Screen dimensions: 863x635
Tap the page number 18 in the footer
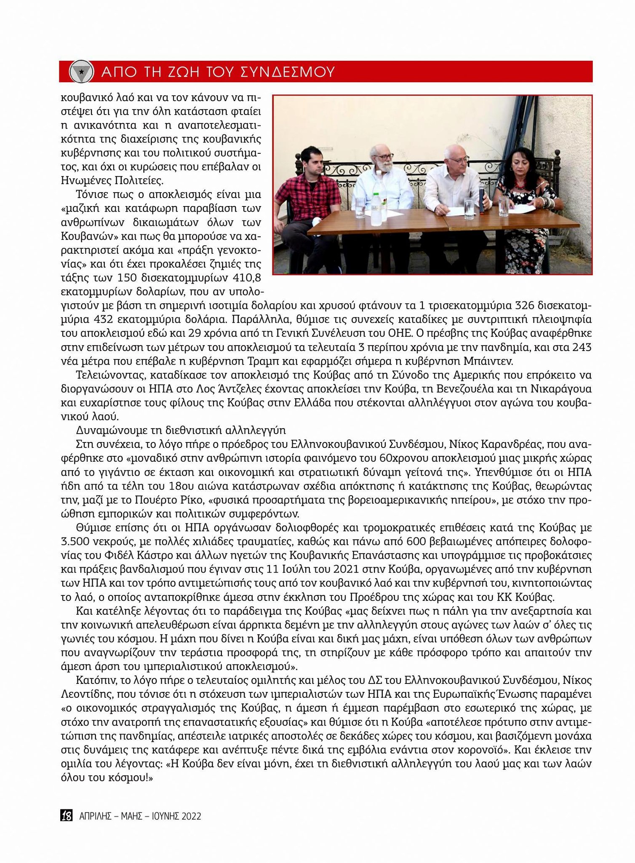[67, 815]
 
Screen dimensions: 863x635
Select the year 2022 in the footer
[192, 816]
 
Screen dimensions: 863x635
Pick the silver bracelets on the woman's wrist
[549, 203]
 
